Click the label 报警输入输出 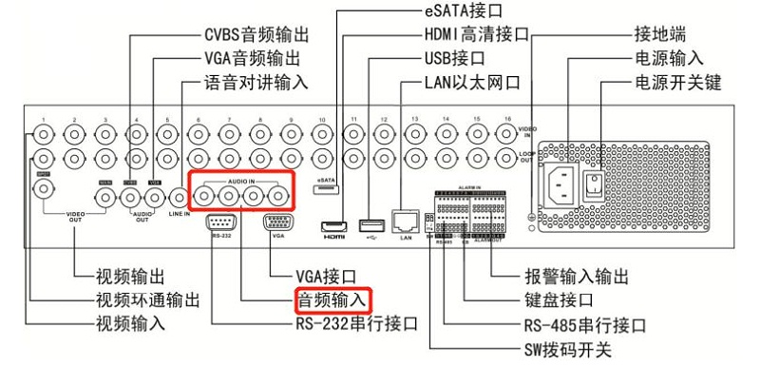click(x=576, y=277)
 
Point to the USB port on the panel click(x=370, y=225)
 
